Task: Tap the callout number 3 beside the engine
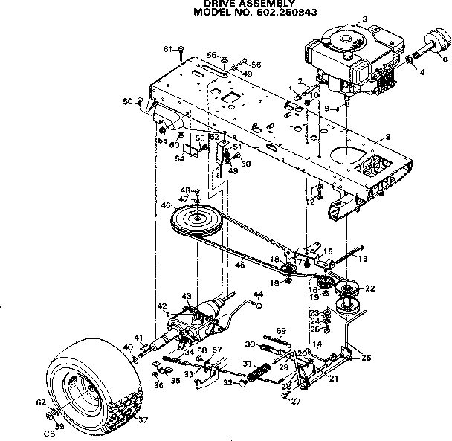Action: [364, 19]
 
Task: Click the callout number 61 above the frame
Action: [167, 49]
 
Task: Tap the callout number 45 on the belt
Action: [240, 264]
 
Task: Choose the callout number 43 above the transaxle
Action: [187, 297]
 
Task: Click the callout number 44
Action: [259, 294]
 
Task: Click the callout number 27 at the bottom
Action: [297, 402]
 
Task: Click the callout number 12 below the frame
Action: [311, 202]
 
